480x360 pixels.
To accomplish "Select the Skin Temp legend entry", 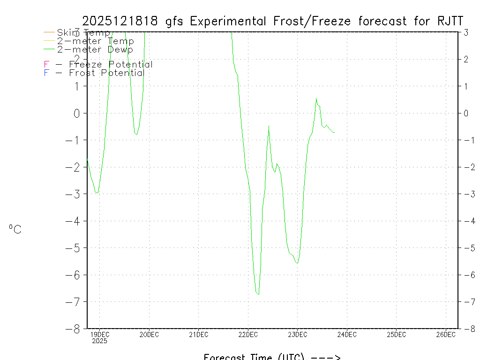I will pyautogui.click(x=83, y=33).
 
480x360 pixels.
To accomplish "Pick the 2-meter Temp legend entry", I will pyautogui.click(x=95, y=41).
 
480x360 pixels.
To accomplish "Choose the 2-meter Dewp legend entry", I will pyautogui.click(x=95, y=49).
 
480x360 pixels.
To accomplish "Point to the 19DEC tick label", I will pyautogui.click(x=99, y=335).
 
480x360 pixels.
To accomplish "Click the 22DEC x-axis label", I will pyautogui.click(x=248, y=335).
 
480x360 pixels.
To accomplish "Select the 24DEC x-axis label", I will pyautogui.click(x=347, y=335).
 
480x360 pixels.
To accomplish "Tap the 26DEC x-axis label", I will pyautogui.click(x=446, y=335).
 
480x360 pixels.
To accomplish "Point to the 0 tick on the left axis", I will pyautogui.click(x=78, y=113).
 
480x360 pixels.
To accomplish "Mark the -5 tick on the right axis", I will pyautogui.click(x=465, y=247).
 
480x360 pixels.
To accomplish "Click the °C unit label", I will pyautogui.click(x=15, y=229).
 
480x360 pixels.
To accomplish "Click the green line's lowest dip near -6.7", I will pyautogui.click(x=258, y=294).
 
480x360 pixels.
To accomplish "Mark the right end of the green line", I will pyautogui.click(x=334, y=133).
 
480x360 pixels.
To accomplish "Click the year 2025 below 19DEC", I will pyautogui.click(x=99, y=341).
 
